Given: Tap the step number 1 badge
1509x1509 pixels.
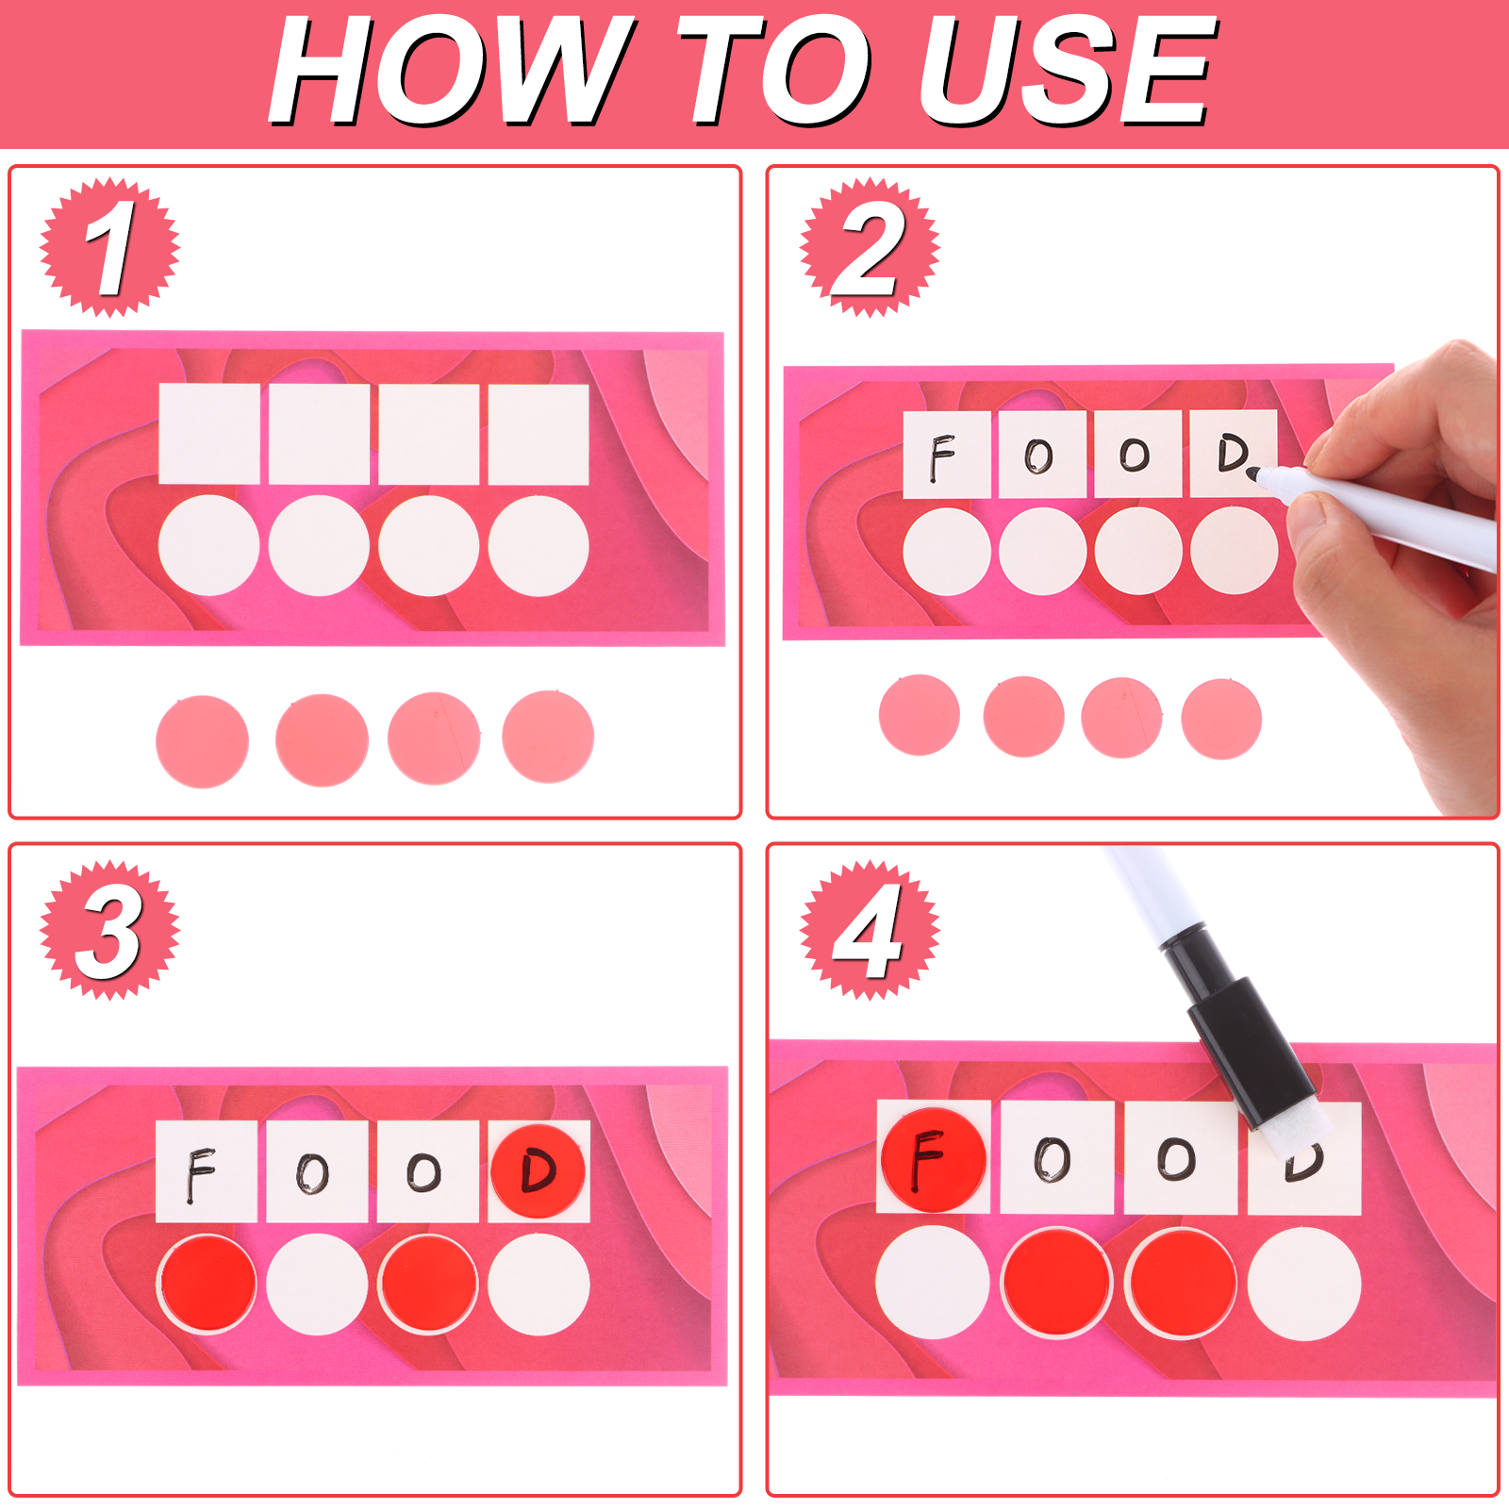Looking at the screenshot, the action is point(109,247).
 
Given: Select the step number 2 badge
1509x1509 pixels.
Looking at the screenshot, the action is point(870,247).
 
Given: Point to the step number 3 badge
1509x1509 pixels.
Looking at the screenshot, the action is point(109,930).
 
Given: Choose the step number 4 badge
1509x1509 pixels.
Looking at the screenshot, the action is point(870,930).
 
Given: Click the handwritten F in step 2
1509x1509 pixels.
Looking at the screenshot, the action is point(941,457).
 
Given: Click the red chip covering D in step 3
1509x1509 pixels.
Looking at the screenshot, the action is point(538,1170).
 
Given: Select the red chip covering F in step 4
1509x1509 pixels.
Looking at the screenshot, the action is point(933,1159).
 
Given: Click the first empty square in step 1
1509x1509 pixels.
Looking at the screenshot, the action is point(209,433).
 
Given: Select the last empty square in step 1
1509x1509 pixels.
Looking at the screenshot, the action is point(539,433).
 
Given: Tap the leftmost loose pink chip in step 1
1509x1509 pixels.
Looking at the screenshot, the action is point(202,740).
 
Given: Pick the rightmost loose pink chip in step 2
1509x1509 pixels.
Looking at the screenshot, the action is point(1221,719).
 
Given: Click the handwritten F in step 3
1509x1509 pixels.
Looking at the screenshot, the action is point(200,1174).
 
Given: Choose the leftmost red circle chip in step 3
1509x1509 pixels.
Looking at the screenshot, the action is point(207,1284).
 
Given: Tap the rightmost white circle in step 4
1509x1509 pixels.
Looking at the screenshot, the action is point(1304,1284).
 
